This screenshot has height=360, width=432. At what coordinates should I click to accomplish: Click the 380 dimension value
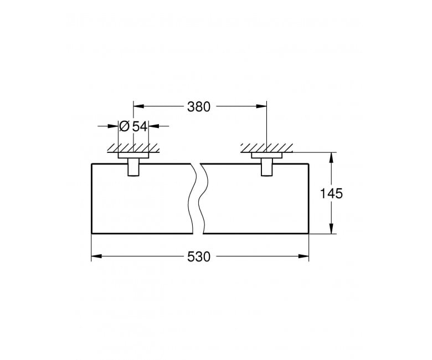tap(198, 106)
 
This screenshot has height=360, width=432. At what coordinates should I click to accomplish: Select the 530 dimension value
tap(198, 257)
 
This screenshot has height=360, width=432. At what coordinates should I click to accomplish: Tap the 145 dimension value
tap(331, 194)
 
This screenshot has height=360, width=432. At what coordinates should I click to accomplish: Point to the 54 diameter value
tap(140, 126)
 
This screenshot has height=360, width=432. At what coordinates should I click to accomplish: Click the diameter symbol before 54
tap(125, 126)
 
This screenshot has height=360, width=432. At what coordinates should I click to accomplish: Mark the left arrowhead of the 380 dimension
tap(139, 106)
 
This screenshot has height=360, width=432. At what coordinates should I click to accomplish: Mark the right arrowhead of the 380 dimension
tap(261, 106)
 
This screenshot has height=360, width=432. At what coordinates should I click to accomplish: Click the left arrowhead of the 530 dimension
tap(97, 256)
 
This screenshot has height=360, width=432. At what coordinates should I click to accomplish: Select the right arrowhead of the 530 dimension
tap(304, 256)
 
